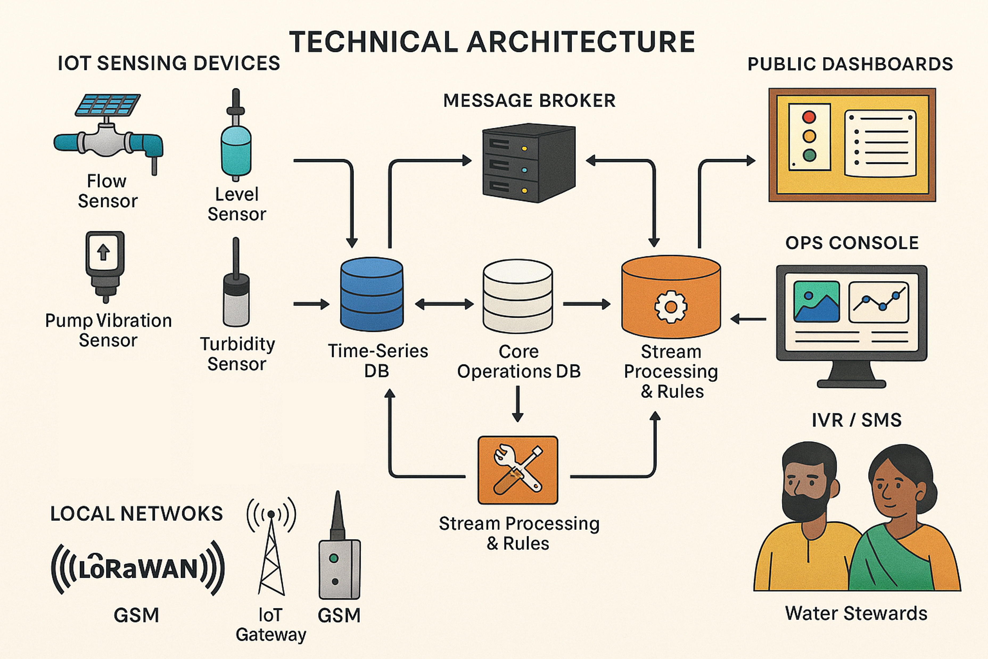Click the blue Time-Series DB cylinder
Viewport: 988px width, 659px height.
pyautogui.click(x=372, y=294)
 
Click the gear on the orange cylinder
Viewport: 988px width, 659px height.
pyautogui.click(x=671, y=307)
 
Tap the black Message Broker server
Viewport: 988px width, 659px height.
pyautogui.click(x=528, y=163)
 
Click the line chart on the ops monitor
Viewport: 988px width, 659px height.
pyautogui.click(x=879, y=302)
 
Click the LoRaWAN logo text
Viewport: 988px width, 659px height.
pyautogui.click(x=138, y=568)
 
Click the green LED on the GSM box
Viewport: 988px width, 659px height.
pyautogui.click(x=334, y=558)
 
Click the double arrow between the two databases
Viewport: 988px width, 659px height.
pyautogui.click(x=444, y=304)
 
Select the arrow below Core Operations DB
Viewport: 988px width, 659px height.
pyautogui.click(x=517, y=403)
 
